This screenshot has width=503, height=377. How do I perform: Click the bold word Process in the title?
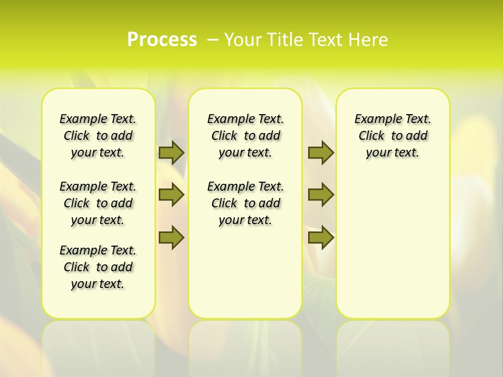coord(162,40)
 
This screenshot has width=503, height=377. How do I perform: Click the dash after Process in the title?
coord(213,40)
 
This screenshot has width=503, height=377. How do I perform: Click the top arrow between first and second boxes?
coord(171,152)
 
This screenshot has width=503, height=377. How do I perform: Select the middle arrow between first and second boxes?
coord(171,195)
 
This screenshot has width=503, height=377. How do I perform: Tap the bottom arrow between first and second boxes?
coord(171,237)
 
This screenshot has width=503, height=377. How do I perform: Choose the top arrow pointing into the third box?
coord(321,152)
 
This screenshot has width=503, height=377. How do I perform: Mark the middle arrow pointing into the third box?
coord(321,195)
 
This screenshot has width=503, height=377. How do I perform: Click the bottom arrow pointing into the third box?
coord(321,237)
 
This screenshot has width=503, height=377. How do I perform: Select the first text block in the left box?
coord(98,136)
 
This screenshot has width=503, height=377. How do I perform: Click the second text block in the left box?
coord(98,203)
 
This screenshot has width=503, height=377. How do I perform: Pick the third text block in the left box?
coord(98,267)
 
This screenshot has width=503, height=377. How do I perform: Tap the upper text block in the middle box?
coord(245,136)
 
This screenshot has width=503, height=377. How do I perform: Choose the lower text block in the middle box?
coord(245,203)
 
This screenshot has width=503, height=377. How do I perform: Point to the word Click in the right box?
coord(371,136)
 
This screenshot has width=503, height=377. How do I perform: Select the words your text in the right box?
coord(392,152)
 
